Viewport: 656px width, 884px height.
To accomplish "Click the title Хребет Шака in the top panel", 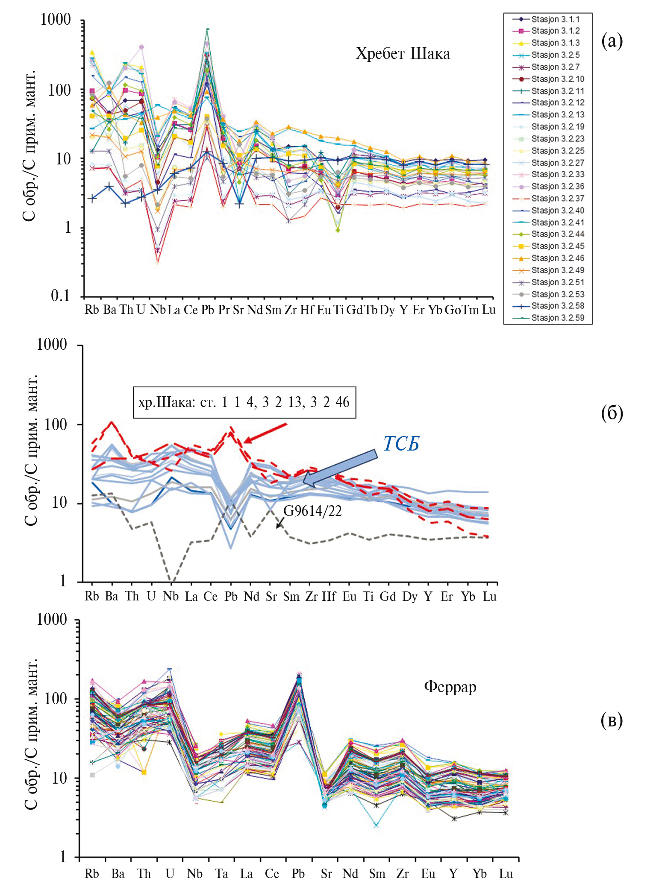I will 403,54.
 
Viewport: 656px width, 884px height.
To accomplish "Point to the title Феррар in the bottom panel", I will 450,686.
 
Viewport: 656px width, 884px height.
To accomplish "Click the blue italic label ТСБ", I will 401,444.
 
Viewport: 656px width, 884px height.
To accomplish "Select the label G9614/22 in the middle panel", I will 312,511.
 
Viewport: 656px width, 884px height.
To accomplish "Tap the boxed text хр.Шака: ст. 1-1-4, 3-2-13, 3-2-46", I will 244,402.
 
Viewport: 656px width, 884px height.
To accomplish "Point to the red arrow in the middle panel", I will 265,432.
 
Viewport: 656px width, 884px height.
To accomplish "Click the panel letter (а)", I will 612,41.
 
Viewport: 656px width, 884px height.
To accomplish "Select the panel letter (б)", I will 612,413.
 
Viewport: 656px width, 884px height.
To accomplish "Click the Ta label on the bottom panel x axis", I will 221,874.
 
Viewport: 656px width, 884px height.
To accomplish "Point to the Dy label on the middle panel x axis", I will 409,597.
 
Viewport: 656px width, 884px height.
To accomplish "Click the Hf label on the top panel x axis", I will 307,310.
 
